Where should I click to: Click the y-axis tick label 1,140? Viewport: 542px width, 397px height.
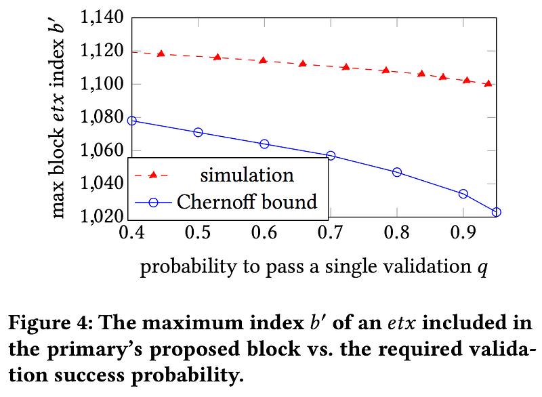(x=102, y=18)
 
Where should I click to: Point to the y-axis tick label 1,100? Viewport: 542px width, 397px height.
(x=102, y=85)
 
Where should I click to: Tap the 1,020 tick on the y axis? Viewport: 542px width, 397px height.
(x=102, y=217)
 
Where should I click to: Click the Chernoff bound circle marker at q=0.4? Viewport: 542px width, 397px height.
(x=132, y=121)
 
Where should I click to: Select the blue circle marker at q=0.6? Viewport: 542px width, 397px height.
(x=264, y=144)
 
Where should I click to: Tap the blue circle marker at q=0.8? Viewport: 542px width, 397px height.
(x=397, y=172)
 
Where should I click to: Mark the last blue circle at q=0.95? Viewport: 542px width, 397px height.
(x=497, y=212)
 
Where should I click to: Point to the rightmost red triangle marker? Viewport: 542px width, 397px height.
(x=488, y=83)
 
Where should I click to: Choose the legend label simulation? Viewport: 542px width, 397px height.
(x=247, y=175)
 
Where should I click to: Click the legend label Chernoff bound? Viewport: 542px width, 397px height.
(x=247, y=201)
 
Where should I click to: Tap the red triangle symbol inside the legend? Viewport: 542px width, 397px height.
(x=153, y=175)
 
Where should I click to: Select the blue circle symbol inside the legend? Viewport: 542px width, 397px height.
(x=153, y=201)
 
